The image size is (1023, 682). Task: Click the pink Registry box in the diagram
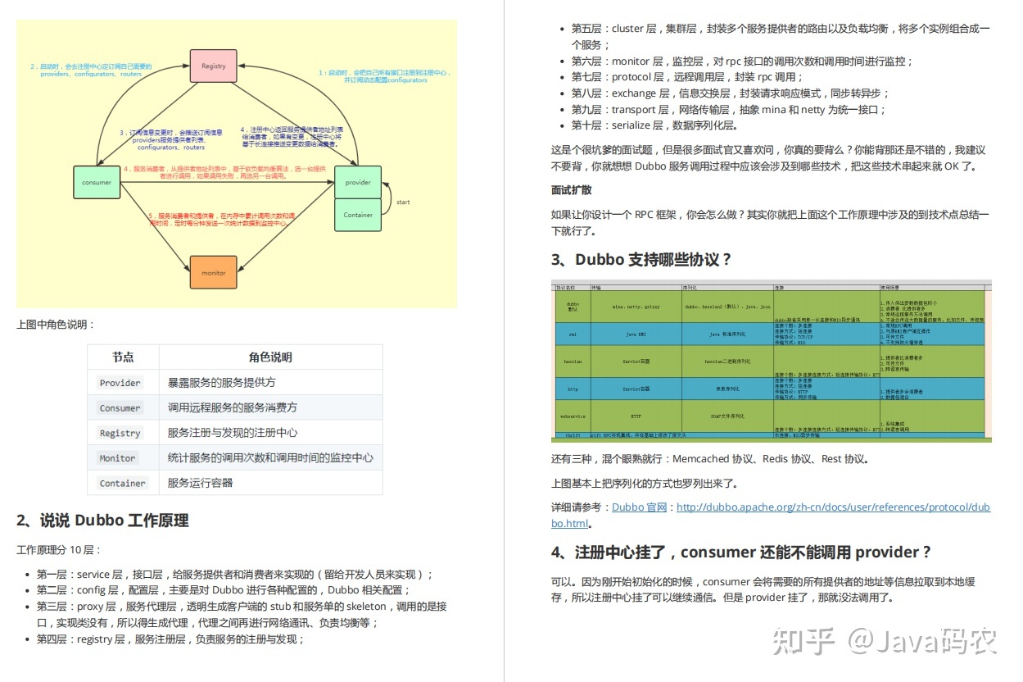click(214, 66)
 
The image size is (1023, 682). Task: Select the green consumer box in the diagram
click(97, 182)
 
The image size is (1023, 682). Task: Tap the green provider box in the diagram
click(358, 182)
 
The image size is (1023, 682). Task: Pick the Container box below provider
click(358, 215)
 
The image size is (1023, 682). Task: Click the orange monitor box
click(214, 272)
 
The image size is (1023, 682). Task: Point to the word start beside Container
click(403, 202)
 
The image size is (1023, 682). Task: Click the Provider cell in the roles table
click(120, 383)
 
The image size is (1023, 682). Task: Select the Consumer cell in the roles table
click(120, 408)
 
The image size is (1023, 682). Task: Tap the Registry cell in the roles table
click(120, 433)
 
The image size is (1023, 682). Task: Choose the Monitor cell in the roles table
click(118, 458)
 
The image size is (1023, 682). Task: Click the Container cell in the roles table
click(123, 483)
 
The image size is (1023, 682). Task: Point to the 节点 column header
click(123, 357)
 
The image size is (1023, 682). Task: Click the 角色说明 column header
click(270, 357)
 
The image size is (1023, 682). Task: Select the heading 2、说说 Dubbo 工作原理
click(103, 521)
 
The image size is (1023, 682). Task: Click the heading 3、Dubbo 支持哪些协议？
click(641, 260)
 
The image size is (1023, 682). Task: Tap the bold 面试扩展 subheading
click(572, 190)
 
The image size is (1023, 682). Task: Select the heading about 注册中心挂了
click(740, 552)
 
